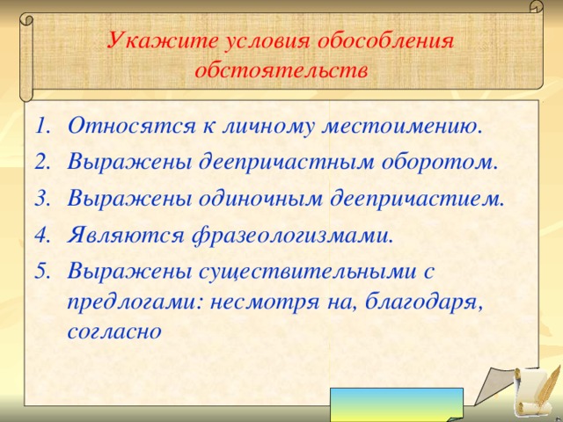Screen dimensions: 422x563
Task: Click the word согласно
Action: click(113, 331)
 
